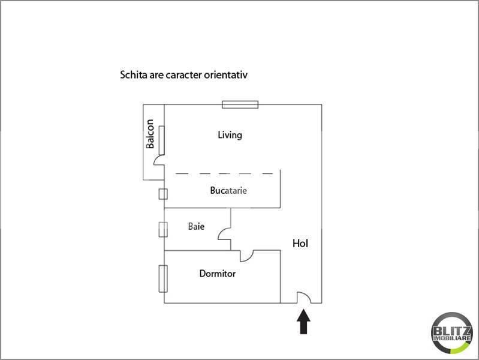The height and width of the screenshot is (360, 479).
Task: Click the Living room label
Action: pos(230,135)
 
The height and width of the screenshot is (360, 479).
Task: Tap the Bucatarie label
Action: pos(228,191)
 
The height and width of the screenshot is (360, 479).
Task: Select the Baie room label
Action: pos(196,226)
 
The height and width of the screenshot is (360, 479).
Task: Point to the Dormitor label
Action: pos(217,274)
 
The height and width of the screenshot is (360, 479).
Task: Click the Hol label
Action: pos(300,244)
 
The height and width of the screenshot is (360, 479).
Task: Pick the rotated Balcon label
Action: pos(150,134)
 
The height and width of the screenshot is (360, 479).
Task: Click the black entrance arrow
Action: pos(303,322)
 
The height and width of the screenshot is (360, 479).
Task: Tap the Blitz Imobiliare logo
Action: pos(452,333)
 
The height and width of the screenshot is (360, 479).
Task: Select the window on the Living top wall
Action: pos(240,104)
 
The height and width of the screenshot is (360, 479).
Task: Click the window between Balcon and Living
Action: pos(162,140)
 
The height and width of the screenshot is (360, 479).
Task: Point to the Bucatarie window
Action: pos(163,194)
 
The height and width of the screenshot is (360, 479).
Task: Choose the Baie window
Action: pos(163,229)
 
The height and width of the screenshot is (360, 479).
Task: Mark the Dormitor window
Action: pos(163,278)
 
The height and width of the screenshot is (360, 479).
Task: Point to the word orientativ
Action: pos(226,75)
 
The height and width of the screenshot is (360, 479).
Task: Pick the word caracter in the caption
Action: pos(184,75)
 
